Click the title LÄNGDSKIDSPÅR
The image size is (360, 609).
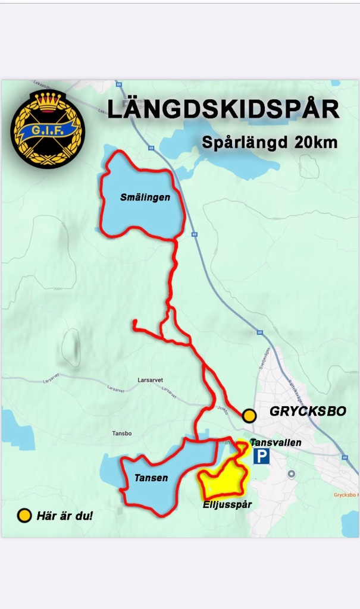[223, 111]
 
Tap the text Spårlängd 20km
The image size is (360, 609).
[270, 143]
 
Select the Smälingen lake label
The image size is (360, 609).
[145, 197]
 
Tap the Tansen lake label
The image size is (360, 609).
[151, 478]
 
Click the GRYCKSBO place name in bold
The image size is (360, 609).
[308, 412]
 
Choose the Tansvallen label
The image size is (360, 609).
[277, 442]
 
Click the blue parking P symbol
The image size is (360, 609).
[262, 457]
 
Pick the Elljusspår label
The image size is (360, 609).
[228, 504]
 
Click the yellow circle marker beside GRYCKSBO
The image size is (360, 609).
[249, 416]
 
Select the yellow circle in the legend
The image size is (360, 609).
[24, 516]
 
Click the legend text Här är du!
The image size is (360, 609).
[65, 516]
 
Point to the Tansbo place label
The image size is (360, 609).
[121, 434]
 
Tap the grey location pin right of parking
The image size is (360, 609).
[291, 474]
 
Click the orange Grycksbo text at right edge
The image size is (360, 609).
[345, 495]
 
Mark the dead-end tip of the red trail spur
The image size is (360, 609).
[135, 322]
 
